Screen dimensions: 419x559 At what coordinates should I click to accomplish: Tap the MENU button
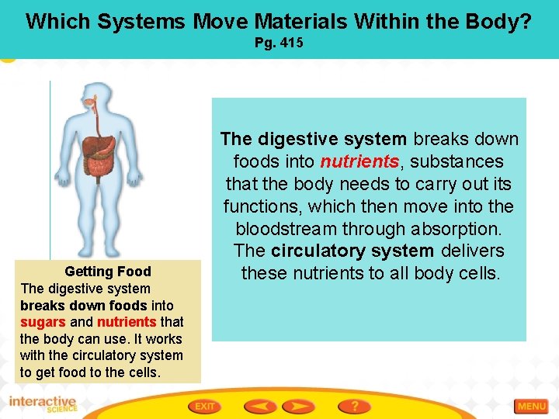tap(532, 406)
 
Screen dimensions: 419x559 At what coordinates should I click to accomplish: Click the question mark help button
tap(354, 406)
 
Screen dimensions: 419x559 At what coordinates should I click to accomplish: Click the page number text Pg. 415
tap(279, 43)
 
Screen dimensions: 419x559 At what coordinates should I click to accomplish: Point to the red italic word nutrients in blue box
tap(359, 162)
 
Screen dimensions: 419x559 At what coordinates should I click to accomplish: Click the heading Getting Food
tap(108, 272)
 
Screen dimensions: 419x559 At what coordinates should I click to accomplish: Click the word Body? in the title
tap(501, 21)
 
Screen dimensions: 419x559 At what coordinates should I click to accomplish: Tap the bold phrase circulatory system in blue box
tap(352, 251)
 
